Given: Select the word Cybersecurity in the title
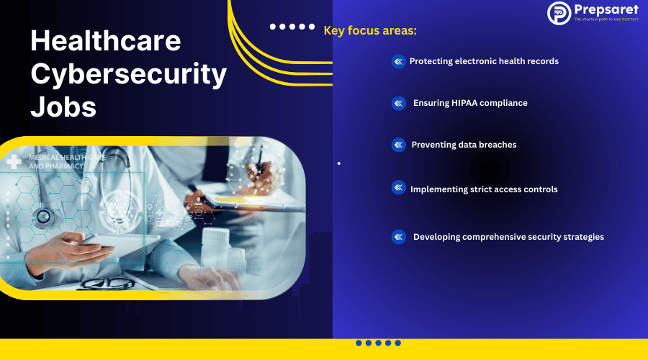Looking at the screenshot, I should click(x=128, y=74).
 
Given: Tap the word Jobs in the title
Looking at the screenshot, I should click(x=63, y=107).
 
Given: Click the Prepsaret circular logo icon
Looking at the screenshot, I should click(x=559, y=13).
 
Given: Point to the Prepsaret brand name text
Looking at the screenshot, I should click(x=606, y=9).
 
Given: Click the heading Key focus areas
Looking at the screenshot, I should click(x=370, y=30).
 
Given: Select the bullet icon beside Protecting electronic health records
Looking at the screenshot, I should click(x=398, y=62).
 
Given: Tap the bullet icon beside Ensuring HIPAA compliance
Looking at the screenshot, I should click(x=398, y=104).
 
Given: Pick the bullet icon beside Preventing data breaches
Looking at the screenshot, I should click(x=398, y=145).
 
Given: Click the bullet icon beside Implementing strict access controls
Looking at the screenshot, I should click(x=398, y=187).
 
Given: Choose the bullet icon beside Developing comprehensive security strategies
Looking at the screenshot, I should click(x=398, y=237).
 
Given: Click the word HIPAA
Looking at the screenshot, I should click(x=464, y=103).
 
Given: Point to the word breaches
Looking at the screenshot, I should click(x=498, y=145).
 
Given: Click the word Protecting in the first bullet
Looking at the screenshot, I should click(x=431, y=61).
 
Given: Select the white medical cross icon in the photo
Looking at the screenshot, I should click(x=13, y=162).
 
